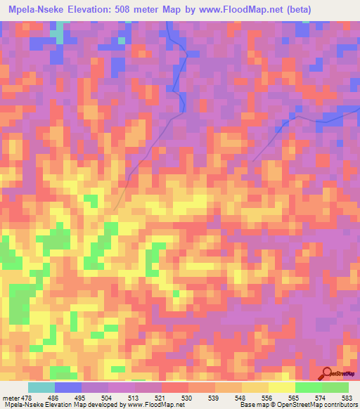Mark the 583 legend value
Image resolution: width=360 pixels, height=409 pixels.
click(x=348, y=398)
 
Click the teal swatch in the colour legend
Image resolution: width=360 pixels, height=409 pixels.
click(x=41, y=387)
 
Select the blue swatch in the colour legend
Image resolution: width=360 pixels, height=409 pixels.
click(x=68, y=387)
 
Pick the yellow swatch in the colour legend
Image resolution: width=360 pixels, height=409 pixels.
click(x=282, y=387)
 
